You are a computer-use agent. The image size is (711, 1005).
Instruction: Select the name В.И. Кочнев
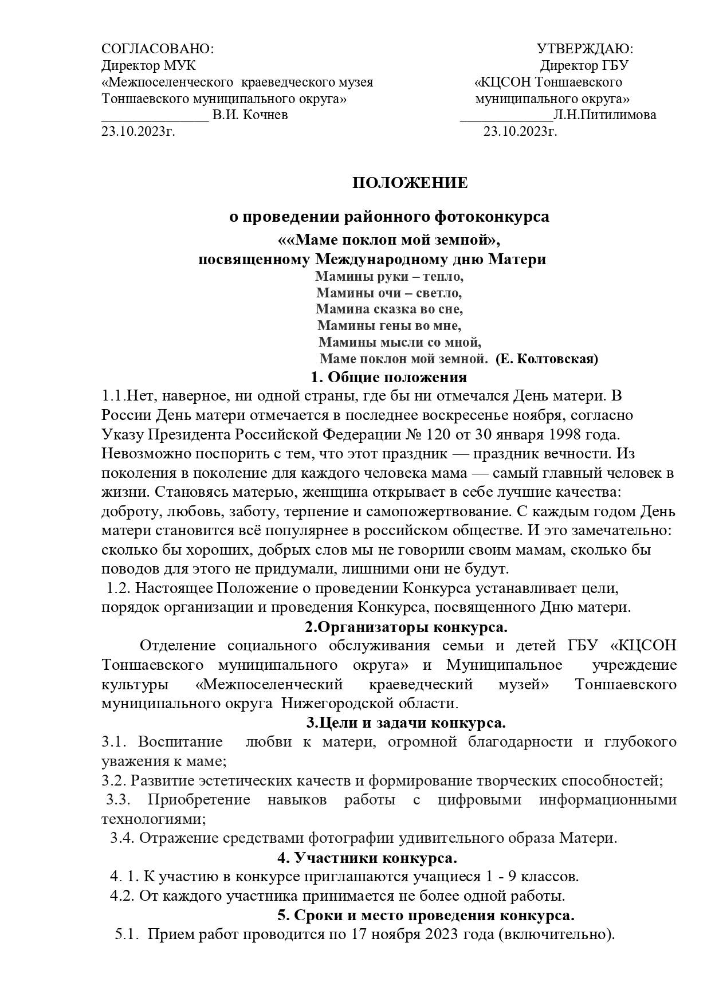coord(250,115)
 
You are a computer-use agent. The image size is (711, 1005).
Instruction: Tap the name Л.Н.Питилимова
coord(604,115)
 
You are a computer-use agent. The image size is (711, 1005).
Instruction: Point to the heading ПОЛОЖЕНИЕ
coord(410,183)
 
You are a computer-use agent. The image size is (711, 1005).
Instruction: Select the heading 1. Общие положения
coord(388,378)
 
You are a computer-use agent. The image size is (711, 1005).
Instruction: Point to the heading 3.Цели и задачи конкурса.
coord(406,723)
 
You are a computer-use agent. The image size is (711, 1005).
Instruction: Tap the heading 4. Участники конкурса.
coord(367,858)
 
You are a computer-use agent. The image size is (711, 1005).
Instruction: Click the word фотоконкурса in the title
coord(492,218)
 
